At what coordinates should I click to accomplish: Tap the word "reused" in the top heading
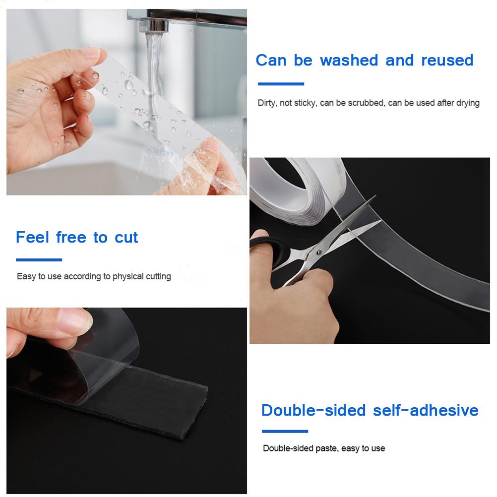(x=447, y=61)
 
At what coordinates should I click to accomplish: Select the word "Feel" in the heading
(x=33, y=237)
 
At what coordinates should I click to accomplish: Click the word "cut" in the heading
(x=126, y=238)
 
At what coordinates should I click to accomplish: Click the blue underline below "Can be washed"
(x=280, y=84)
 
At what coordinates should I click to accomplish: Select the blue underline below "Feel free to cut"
(x=39, y=259)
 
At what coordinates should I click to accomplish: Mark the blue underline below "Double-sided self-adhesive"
(x=285, y=431)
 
